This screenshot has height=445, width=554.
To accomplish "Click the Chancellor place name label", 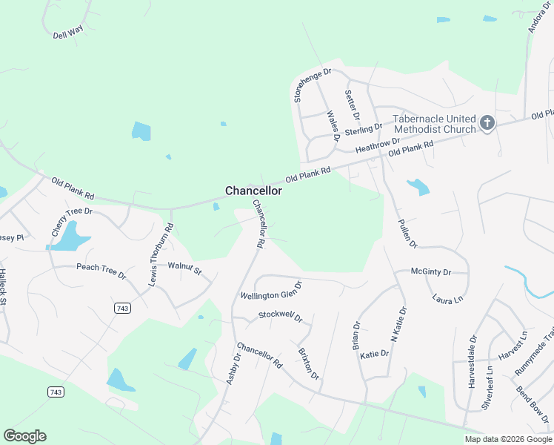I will tap(253, 191).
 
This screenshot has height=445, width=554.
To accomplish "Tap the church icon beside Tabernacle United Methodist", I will tap(487, 123).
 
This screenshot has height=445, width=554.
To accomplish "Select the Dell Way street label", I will tap(67, 33).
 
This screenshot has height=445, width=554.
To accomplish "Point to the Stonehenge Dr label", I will tap(313, 85).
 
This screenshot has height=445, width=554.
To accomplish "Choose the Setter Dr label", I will tap(353, 105).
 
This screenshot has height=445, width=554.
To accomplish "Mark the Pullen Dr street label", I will tap(408, 233).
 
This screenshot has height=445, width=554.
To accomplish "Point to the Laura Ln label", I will tap(447, 299).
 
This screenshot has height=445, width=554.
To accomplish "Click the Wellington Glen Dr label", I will tap(272, 291).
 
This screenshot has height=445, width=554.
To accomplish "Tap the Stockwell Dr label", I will tap(281, 316).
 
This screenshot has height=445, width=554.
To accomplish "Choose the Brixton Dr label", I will tap(308, 364).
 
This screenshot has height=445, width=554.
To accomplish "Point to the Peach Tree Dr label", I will tap(101, 269).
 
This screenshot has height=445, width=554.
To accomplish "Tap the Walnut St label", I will tap(184, 267).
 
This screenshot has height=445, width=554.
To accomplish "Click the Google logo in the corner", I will tap(24, 436).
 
